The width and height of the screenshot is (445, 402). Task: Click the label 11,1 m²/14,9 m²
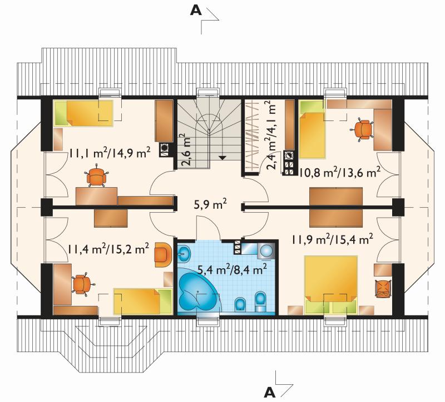[110, 153]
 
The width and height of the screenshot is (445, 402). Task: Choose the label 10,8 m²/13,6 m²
[339, 172]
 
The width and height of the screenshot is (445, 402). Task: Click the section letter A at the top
[196, 11]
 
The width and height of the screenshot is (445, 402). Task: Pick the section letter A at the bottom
[270, 393]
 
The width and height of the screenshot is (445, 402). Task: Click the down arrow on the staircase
[222, 158]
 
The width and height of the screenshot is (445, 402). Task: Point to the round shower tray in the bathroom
[267, 250]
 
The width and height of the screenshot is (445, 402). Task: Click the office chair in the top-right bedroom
[363, 129]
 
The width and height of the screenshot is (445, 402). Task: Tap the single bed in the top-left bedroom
[84, 113]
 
